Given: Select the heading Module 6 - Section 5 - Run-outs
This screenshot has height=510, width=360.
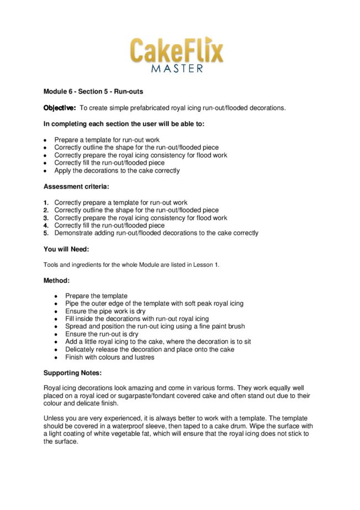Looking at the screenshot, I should point(93,92).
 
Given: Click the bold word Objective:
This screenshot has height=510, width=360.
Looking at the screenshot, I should point(60,108).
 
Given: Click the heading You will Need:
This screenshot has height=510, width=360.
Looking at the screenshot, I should point(66,249).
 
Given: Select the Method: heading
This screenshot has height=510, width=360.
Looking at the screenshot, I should point(57,281).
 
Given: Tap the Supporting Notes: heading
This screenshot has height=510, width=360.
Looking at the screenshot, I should point(72,373).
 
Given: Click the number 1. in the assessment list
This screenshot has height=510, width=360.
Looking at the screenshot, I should point(46,203).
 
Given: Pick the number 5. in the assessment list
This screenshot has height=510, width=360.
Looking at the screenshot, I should point(46,233).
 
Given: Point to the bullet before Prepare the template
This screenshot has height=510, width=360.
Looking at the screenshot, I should point(57,296).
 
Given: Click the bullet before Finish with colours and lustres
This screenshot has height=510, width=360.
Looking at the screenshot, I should point(57,357).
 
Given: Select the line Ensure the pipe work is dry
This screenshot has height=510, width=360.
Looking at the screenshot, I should point(108,311).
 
